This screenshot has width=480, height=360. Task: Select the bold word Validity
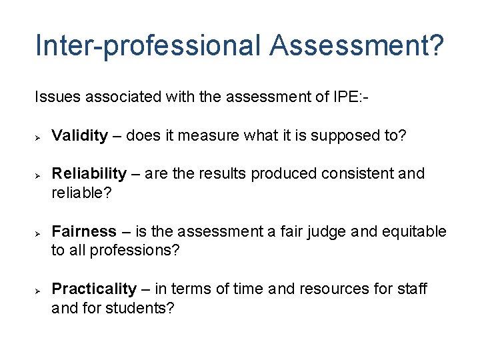click(79, 136)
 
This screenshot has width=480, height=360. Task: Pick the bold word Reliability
click(89, 174)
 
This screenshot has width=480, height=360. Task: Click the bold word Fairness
click(84, 232)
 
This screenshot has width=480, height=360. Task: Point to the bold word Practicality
click(94, 289)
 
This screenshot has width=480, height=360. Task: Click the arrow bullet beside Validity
click(39, 136)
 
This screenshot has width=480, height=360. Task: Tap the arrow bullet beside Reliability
click(39, 175)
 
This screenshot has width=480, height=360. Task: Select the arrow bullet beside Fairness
click(39, 233)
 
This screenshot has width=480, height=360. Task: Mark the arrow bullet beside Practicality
click(39, 290)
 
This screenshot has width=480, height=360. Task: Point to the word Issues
click(55, 97)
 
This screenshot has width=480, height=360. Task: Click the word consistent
click(361, 174)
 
